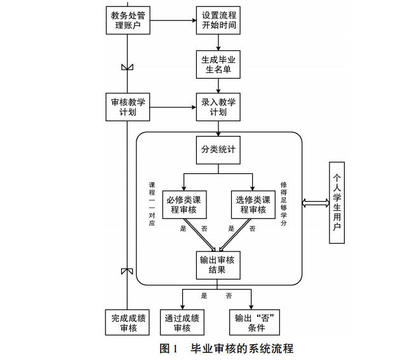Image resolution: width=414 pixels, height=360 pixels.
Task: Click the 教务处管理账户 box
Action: click(128, 20)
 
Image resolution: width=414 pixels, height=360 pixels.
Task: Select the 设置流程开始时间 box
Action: click(218, 20)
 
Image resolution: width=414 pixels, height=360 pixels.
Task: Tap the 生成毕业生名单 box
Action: click(218, 64)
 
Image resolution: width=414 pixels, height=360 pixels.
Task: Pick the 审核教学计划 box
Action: click(128, 107)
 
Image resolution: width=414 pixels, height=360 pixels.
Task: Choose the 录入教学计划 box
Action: click(218, 107)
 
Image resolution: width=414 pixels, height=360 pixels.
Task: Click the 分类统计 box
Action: click(218, 150)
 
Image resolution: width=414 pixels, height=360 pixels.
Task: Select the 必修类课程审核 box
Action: click(184, 205)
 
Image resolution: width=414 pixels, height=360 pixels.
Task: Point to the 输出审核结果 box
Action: click(218, 265)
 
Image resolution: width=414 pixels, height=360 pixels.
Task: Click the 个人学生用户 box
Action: click(338, 203)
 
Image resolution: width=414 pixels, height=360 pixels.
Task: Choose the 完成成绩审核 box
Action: click(128, 323)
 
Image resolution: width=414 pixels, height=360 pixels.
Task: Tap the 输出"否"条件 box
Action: click(253, 323)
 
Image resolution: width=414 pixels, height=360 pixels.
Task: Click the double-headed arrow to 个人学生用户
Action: click(315, 203)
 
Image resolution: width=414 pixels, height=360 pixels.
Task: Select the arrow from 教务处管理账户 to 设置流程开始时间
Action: click(172, 20)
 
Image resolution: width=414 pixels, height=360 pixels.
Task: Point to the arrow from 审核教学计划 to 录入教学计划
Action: click(172, 107)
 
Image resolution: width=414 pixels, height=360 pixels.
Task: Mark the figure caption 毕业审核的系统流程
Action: click(226, 349)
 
